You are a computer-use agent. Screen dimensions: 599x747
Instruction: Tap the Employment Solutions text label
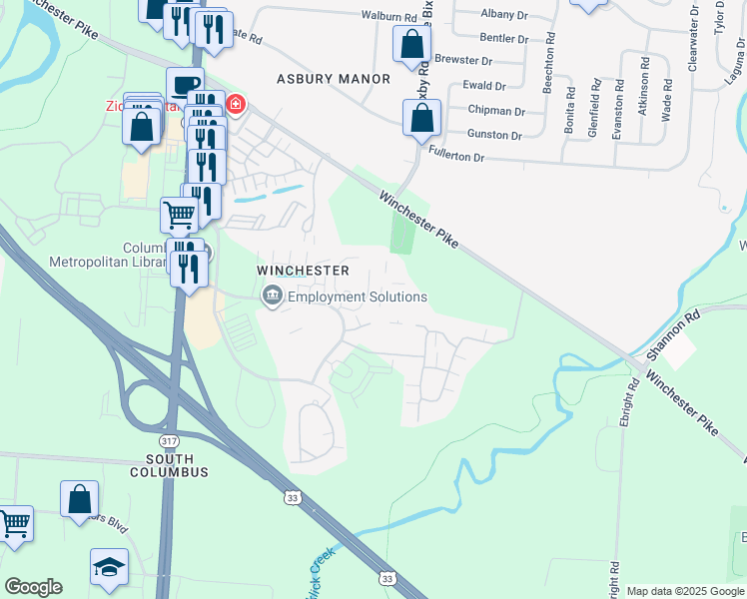click(x=357, y=297)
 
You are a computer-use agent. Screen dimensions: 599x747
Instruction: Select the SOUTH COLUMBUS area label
click(x=168, y=471)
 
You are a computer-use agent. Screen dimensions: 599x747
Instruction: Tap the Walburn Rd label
click(x=388, y=17)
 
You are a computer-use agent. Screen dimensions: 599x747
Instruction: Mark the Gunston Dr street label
click(x=496, y=135)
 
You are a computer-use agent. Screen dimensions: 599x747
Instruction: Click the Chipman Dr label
click(x=496, y=111)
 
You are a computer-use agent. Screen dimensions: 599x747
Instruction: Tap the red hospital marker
click(x=236, y=105)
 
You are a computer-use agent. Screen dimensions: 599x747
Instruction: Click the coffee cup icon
click(x=185, y=84)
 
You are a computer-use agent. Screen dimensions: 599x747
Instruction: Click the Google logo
click(x=33, y=587)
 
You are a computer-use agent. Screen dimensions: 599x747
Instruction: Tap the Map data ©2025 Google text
click(x=685, y=591)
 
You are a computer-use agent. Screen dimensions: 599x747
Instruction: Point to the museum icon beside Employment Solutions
click(x=272, y=297)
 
